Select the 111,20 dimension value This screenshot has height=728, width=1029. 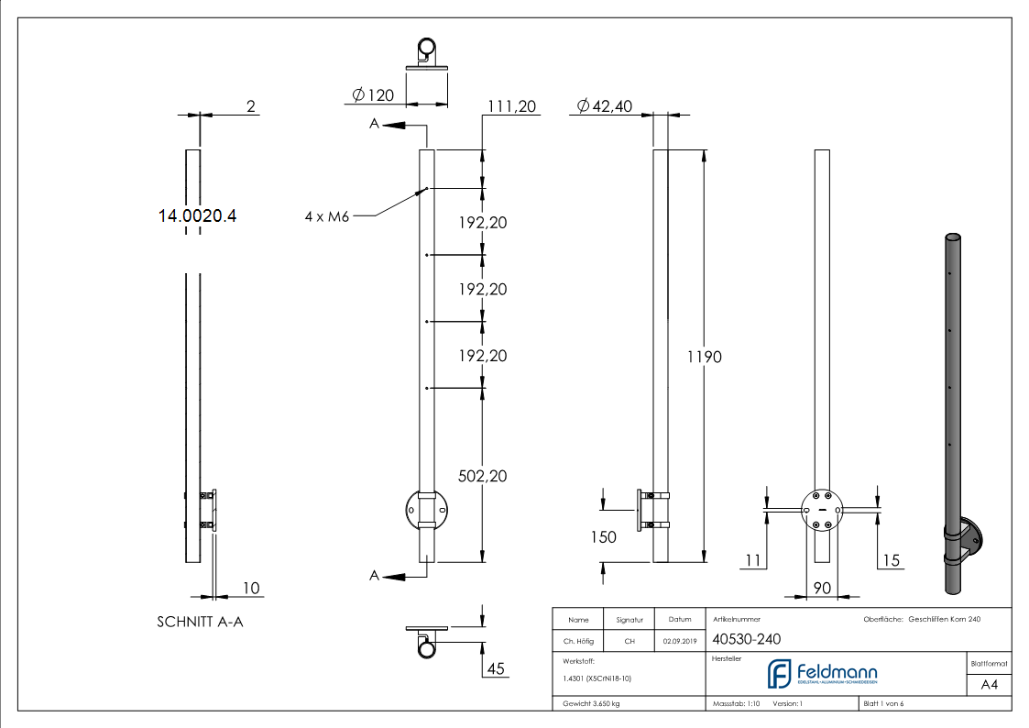tap(511, 106)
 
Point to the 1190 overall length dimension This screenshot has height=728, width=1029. tap(704, 357)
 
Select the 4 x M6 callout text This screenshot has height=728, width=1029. tap(326, 216)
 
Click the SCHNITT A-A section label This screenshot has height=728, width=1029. tap(200, 622)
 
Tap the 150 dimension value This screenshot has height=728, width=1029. tap(603, 537)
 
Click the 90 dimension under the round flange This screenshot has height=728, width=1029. tap(822, 588)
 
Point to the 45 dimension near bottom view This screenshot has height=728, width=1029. tap(496, 668)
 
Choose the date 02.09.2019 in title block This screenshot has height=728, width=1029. tap(678, 642)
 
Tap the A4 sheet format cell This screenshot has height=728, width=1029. tap(989, 685)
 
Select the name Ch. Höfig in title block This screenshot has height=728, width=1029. tap(578, 642)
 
